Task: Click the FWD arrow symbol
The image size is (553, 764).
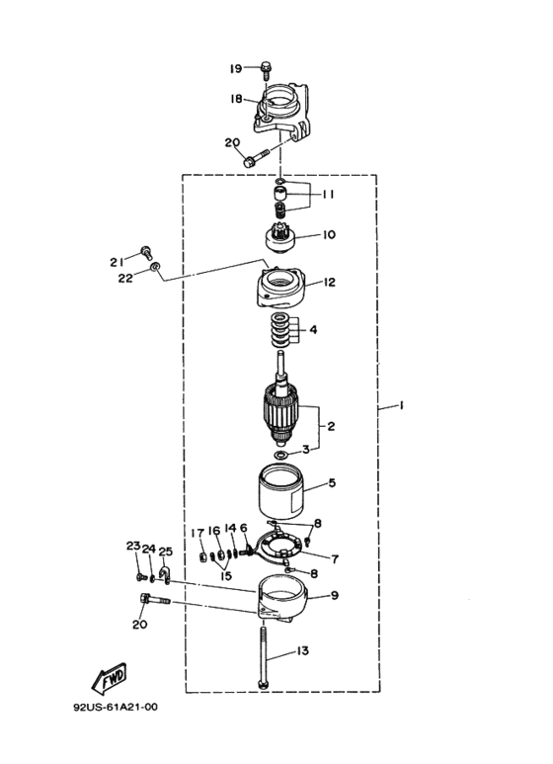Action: click(x=109, y=678)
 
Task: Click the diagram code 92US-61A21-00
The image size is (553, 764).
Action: click(x=116, y=707)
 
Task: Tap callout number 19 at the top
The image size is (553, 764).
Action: click(x=236, y=69)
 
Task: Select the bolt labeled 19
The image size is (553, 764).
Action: click(x=266, y=70)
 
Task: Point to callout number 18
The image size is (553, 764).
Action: click(x=236, y=100)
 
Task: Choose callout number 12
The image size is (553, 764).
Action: click(x=330, y=282)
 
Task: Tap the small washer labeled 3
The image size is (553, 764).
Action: click(x=279, y=455)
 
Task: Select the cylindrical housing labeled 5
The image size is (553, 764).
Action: click(x=280, y=491)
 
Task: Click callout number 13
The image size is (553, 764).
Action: click(x=302, y=651)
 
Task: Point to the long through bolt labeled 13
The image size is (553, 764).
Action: click(x=263, y=658)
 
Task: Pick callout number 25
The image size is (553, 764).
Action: click(x=166, y=552)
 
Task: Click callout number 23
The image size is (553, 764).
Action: click(x=133, y=547)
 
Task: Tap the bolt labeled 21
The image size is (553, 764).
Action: click(x=146, y=253)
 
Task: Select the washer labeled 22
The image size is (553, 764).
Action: click(x=155, y=266)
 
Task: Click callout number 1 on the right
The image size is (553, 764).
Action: click(x=401, y=405)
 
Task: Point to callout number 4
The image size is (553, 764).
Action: click(x=313, y=330)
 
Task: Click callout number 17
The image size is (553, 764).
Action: click(x=197, y=534)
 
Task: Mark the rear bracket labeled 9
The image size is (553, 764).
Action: click(x=281, y=599)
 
